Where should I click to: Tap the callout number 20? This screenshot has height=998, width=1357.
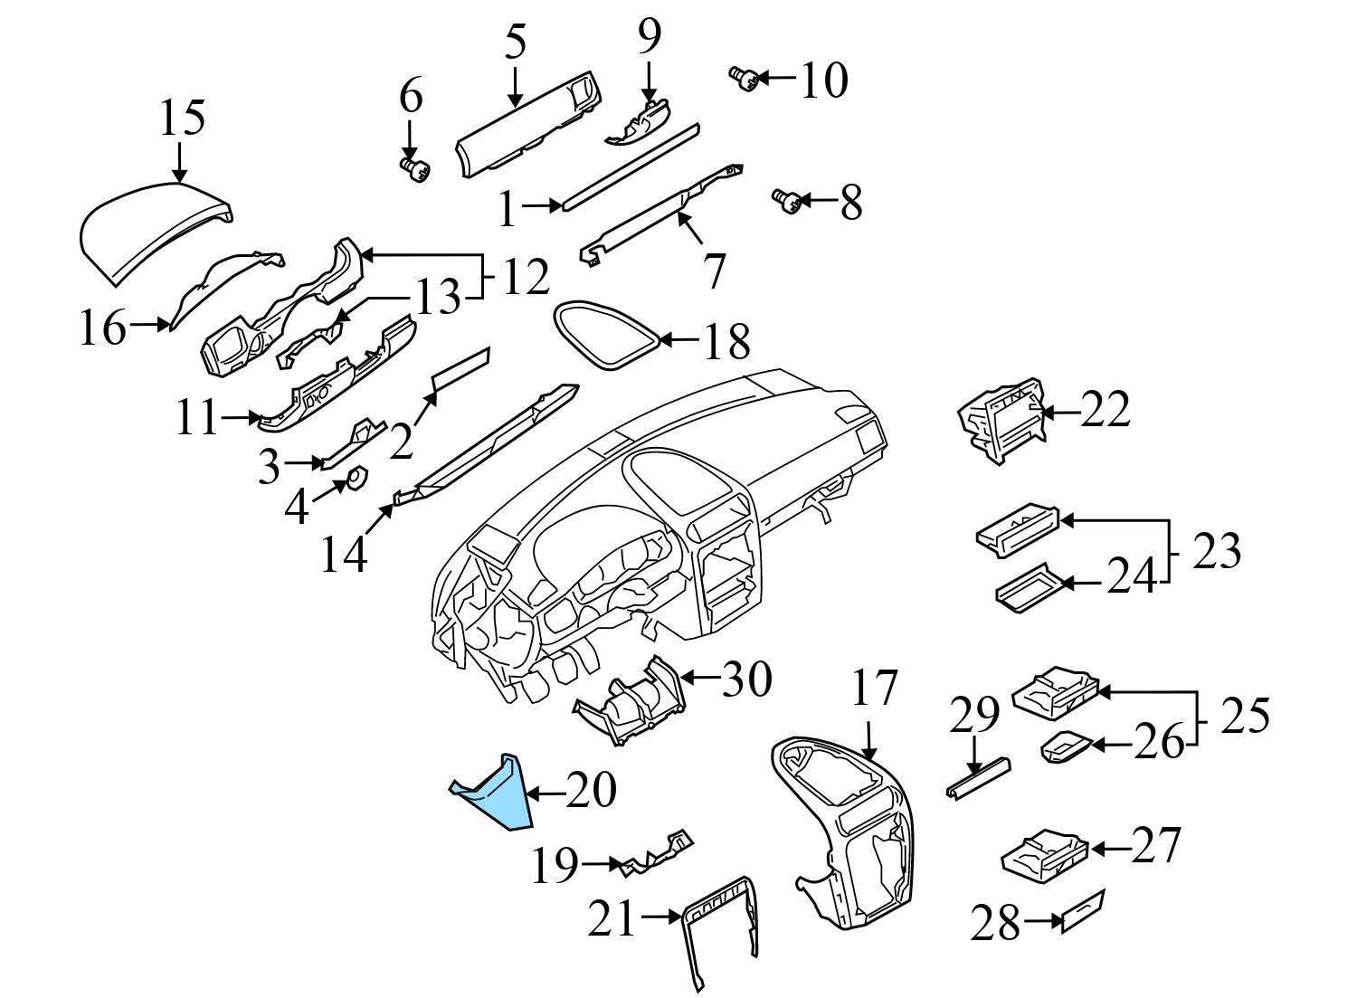tap(592, 791)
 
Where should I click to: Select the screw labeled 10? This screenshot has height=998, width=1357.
tap(743, 79)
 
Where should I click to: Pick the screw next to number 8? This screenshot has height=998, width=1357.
tap(784, 201)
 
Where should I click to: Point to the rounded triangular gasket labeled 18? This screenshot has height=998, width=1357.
tap(603, 336)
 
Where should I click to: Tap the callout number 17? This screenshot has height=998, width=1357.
tap(874, 689)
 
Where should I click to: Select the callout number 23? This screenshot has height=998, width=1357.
tap(1215, 551)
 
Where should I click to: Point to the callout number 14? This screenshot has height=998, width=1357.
tap(345, 555)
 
